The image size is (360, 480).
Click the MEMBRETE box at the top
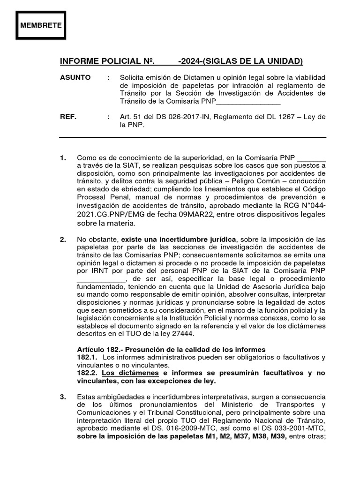41,26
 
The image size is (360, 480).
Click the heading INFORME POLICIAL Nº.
107,61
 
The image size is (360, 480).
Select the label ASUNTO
75,77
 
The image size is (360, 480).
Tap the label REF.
68,117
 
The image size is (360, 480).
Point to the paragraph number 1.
63,158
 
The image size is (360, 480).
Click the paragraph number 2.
63,240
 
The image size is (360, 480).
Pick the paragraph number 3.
63,397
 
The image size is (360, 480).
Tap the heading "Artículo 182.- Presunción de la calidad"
171,349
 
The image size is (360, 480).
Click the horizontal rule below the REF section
192,137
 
